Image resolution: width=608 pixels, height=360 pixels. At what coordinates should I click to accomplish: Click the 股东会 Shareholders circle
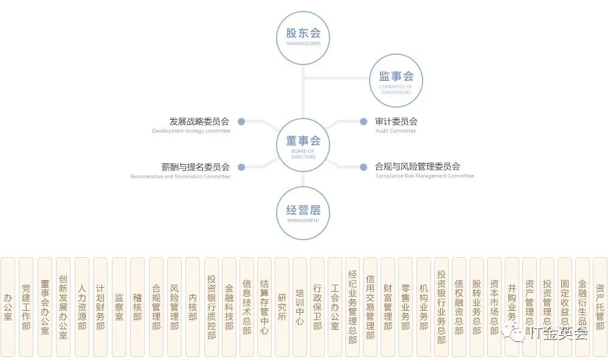tap(303, 38)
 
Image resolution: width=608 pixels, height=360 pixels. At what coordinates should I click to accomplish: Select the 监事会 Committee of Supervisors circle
tap(396, 80)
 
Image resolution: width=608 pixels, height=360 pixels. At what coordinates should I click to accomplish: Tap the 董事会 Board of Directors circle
tap(303, 145)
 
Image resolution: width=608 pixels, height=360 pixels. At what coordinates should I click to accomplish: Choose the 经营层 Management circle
tap(303, 213)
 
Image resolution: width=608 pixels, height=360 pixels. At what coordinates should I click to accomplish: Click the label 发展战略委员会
tap(199, 122)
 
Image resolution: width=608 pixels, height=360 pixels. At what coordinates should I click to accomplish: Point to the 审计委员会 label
tap(396, 122)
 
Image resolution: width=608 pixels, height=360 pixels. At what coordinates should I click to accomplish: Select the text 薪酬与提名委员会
tap(195, 167)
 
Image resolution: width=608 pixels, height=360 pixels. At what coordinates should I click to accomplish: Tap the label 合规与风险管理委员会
tap(418, 167)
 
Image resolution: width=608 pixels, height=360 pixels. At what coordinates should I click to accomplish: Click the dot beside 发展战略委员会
tap(241, 122)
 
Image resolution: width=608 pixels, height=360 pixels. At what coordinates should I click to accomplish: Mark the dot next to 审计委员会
tap(364, 122)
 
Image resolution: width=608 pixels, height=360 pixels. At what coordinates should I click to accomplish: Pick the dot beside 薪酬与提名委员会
tap(241, 167)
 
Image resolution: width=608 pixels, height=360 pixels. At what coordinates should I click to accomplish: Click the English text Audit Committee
tap(395, 131)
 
